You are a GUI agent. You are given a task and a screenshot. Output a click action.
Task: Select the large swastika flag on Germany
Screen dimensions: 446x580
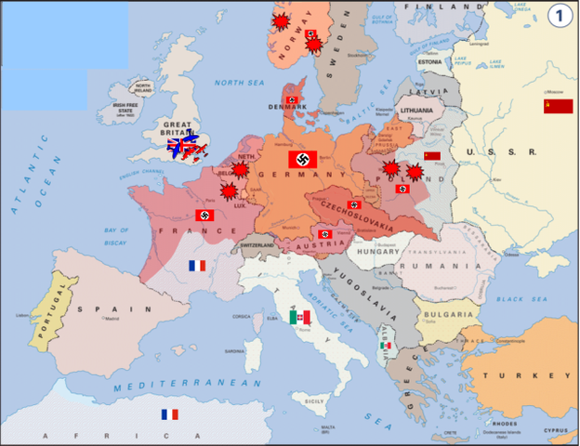[x=303, y=159]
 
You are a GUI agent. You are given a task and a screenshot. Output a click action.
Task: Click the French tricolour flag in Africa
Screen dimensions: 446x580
[x=169, y=414]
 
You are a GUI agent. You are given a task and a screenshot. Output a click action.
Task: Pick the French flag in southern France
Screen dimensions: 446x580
[x=196, y=266]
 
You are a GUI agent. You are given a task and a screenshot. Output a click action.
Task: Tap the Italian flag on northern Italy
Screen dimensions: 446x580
[x=299, y=318]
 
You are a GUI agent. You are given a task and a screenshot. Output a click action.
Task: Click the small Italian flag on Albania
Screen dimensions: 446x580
[x=386, y=346]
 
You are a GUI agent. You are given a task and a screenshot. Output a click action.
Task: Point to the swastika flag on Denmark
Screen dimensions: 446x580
[x=293, y=99]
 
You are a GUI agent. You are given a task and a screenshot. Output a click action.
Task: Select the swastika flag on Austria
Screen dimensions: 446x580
[x=324, y=234]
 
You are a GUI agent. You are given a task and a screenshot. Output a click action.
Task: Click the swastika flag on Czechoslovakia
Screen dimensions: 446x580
[x=353, y=204]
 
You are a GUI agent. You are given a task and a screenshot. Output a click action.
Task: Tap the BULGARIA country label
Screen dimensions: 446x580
[x=443, y=315]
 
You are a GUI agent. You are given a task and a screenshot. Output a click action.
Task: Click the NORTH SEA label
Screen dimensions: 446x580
[x=241, y=83]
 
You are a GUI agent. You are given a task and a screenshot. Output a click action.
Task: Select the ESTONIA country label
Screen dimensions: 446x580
[x=429, y=62]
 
